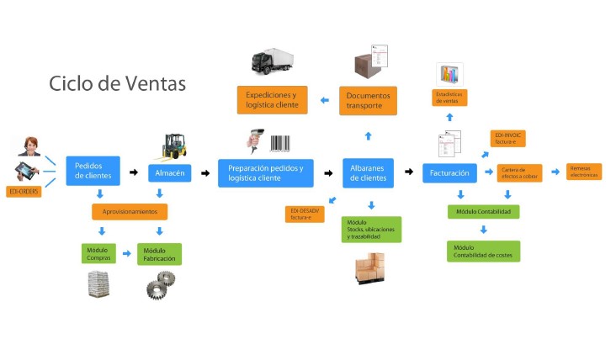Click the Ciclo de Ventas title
click(x=117, y=84)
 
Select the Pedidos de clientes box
click(x=93, y=171)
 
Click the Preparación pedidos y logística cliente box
click(x=266, y=172)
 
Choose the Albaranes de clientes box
click(x=367, y=172)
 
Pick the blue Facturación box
click(x=449, y=172)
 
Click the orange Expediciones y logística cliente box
click(x=272, y=100)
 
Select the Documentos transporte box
click(x=369, y=100)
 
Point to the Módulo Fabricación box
click(x=160, y=253)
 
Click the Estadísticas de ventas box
click(x=449, y=97)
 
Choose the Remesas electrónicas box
click(x=584, y=171)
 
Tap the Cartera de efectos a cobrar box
click(x=520, y=172)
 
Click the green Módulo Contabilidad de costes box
click(x=483, y=251)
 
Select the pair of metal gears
click(x=157, y=286)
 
